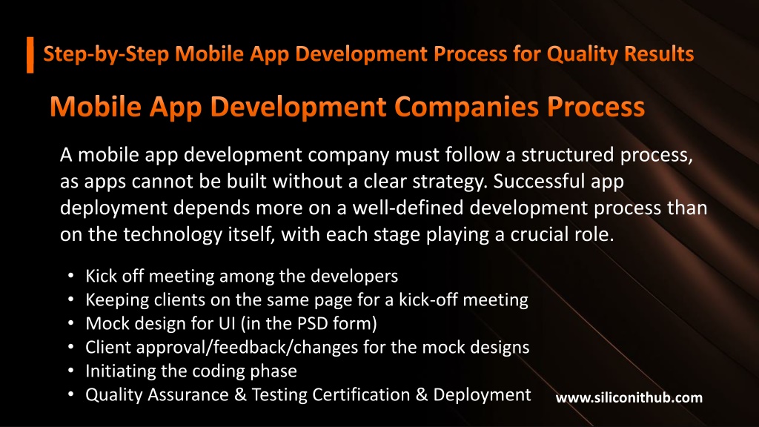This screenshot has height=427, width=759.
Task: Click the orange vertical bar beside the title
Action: [x=30, y=55]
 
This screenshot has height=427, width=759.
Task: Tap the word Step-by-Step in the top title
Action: [x=106, y=54]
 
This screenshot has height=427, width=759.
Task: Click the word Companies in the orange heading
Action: [x=466, y=107]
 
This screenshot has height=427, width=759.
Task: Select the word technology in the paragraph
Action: [x=172, y=235]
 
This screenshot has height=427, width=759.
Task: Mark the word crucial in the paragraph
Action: [x=540, y=234]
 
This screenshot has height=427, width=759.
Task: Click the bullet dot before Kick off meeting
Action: [x=70, y=276]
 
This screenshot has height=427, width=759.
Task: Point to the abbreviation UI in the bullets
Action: [x=227, y=323]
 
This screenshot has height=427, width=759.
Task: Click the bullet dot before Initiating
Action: [x=70, y=371]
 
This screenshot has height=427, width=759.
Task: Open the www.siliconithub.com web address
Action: [x=629, y=398]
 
